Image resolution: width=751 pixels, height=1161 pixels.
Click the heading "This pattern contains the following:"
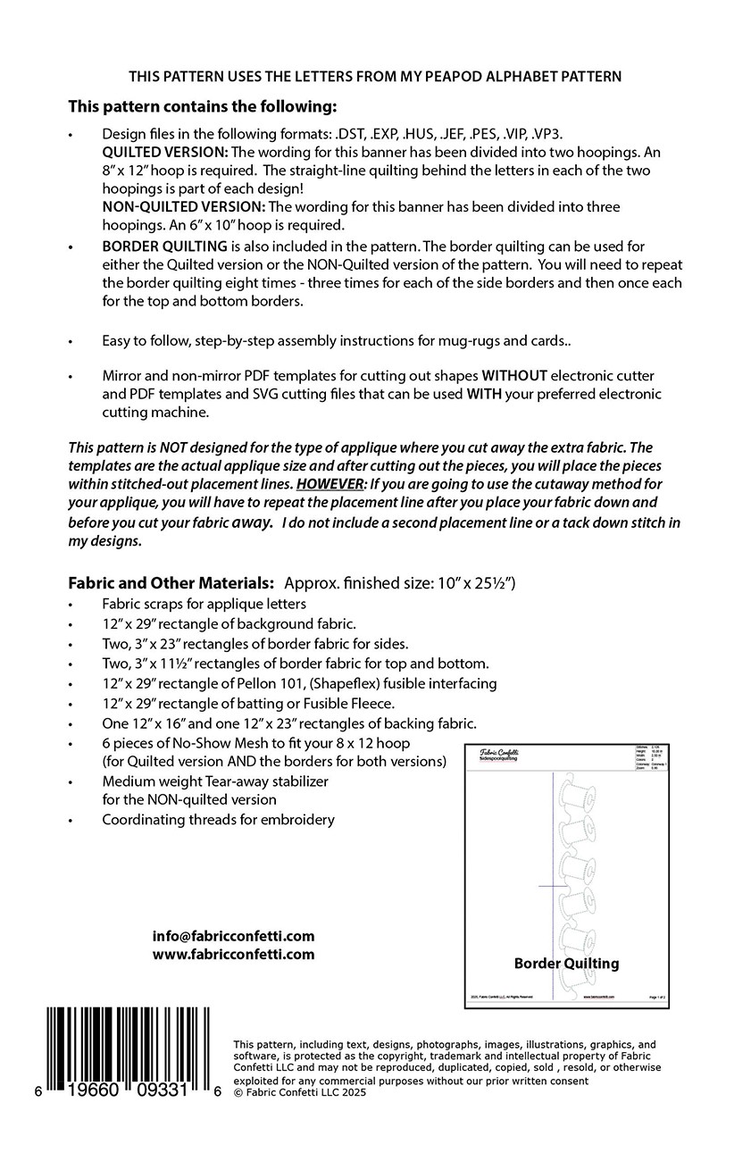coord(203,106)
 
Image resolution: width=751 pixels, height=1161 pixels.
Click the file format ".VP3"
coord(547,133)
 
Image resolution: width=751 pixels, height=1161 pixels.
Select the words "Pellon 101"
coord(260,683)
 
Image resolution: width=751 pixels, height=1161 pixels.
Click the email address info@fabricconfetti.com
coord(233,936)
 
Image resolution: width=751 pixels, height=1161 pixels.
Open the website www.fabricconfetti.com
coord(233,954)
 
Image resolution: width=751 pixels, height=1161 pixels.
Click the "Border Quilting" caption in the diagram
coord(566,963)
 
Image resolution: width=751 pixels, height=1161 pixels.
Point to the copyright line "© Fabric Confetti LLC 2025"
coord(299,1091)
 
